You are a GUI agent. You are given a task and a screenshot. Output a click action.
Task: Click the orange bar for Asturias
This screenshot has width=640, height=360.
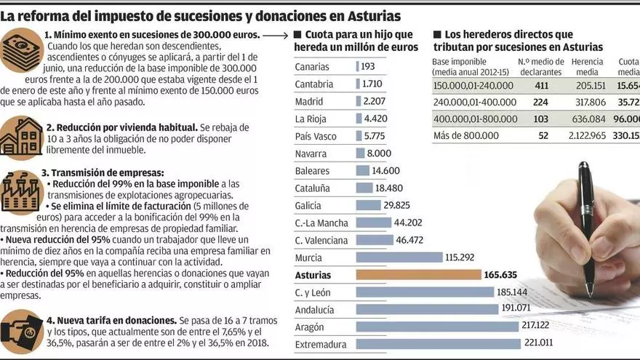pyautogui.click(x=418, y=275)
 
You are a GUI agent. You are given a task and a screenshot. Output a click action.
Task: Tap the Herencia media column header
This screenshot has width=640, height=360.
pyautogui.click(x=587, y=67)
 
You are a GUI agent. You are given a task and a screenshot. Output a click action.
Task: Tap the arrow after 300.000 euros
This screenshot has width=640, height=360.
pyautogui.click(x=275, y=34)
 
